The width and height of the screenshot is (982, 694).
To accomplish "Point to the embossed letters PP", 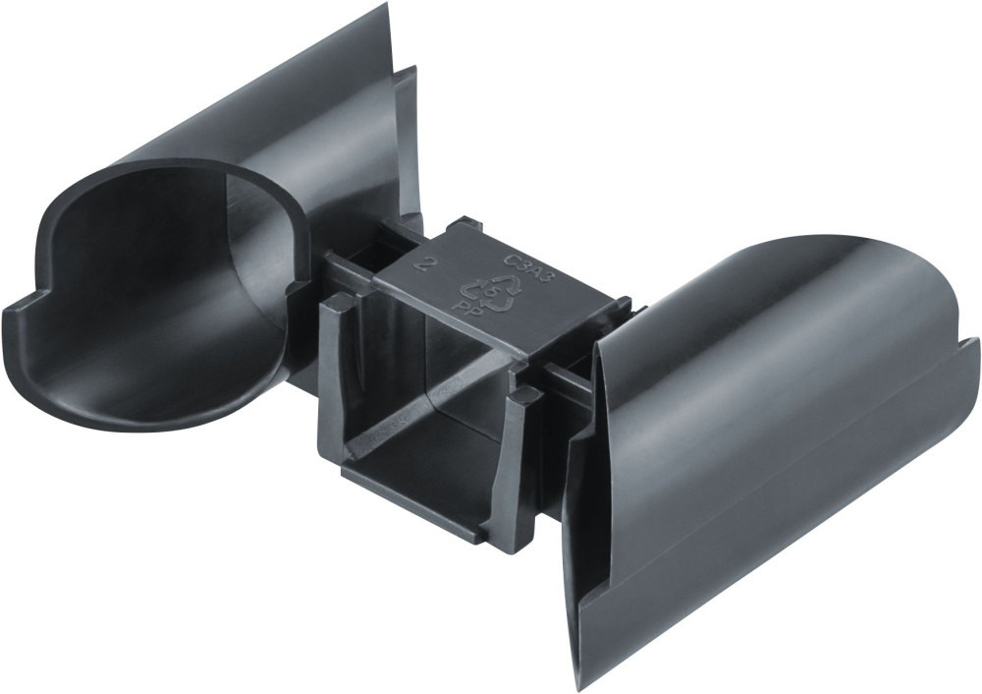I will pyautogui.click(x=461, y=307).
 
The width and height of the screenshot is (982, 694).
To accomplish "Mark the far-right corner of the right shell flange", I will pyautogui.click(x=975, y=344).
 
